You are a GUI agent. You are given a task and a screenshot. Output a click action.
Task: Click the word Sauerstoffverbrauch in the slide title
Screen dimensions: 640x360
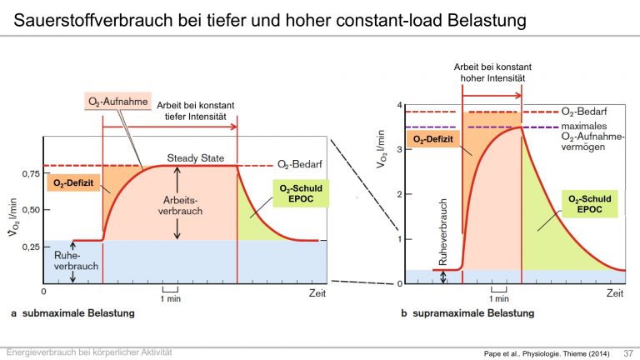click(93, 20)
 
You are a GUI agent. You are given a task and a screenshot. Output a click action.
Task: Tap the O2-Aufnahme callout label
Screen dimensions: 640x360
click(118, 102)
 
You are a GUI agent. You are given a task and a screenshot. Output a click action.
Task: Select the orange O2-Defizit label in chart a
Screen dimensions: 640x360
click(73, 182)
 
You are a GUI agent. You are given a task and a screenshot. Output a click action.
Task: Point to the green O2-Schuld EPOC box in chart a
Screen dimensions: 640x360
click(301, 193)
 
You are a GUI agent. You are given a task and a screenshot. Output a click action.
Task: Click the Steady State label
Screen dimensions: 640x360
click(196, 158)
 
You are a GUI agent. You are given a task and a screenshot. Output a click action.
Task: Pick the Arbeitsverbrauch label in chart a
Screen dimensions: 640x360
click(180, 206)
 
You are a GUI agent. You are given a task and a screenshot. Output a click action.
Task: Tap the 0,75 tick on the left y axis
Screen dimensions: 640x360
click(31, 174)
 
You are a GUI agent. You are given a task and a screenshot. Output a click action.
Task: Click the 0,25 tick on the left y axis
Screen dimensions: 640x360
click(31, 247)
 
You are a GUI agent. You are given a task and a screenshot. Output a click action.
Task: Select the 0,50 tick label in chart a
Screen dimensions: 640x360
click(31, 210)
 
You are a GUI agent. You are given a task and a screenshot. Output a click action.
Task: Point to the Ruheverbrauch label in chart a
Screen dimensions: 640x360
click(77, 261)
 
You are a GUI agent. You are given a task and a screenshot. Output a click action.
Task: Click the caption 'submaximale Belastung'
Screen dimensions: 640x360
click(78, 313)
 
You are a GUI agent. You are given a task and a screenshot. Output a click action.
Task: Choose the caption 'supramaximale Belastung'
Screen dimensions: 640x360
click(473, 313)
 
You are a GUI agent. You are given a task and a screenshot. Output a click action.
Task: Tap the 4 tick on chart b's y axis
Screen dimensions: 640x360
click(400, 105)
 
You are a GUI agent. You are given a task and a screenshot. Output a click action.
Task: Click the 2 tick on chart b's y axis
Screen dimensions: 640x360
click(400, 194)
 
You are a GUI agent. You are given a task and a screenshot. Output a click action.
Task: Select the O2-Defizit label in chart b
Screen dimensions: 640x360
click(433, 139)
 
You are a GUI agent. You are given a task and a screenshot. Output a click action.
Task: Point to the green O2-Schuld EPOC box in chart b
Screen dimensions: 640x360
click(590, 203)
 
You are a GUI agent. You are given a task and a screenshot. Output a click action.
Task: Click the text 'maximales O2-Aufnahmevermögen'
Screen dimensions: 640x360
click(592, 137)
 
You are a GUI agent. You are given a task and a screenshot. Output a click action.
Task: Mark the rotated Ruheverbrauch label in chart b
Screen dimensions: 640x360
click(442, 232)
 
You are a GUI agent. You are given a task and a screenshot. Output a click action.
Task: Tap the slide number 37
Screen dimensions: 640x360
click(628, 353)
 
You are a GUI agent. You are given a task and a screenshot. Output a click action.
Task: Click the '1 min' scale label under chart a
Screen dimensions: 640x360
click(171, 299)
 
